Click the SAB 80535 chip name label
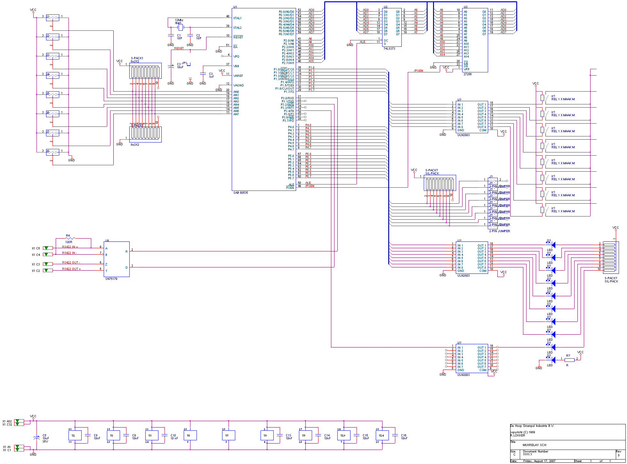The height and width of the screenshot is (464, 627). point(240,193)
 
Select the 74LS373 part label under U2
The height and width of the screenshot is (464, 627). point(389,49)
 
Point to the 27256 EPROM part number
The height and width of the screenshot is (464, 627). point(467,74)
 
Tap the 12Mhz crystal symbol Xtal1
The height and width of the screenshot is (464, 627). point(180,27)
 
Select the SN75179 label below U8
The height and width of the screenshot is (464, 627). point(111,279)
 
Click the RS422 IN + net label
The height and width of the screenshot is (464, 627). point(70,247)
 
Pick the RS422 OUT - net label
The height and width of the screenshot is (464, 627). point(71,263)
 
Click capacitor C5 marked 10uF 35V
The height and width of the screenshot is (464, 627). point(36,437)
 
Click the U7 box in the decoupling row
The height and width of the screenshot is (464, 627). point(228,436)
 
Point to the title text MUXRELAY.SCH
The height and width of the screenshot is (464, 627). point(534,445)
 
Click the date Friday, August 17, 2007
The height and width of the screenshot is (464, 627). point(539,461)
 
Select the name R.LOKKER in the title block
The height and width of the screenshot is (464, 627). point(518,436)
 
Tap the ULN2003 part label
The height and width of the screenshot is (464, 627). point(463,375)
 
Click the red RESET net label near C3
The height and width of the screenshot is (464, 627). point(179,48)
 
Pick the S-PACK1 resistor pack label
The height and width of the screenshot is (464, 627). point(137,58)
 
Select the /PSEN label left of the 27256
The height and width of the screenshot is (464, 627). point(418,71)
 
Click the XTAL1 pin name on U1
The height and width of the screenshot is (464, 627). point(237,18)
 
